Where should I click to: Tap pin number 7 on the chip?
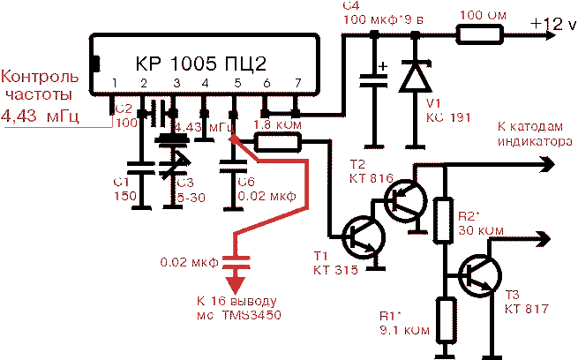297,84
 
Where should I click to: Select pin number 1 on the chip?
114,84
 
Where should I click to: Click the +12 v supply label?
552,26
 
